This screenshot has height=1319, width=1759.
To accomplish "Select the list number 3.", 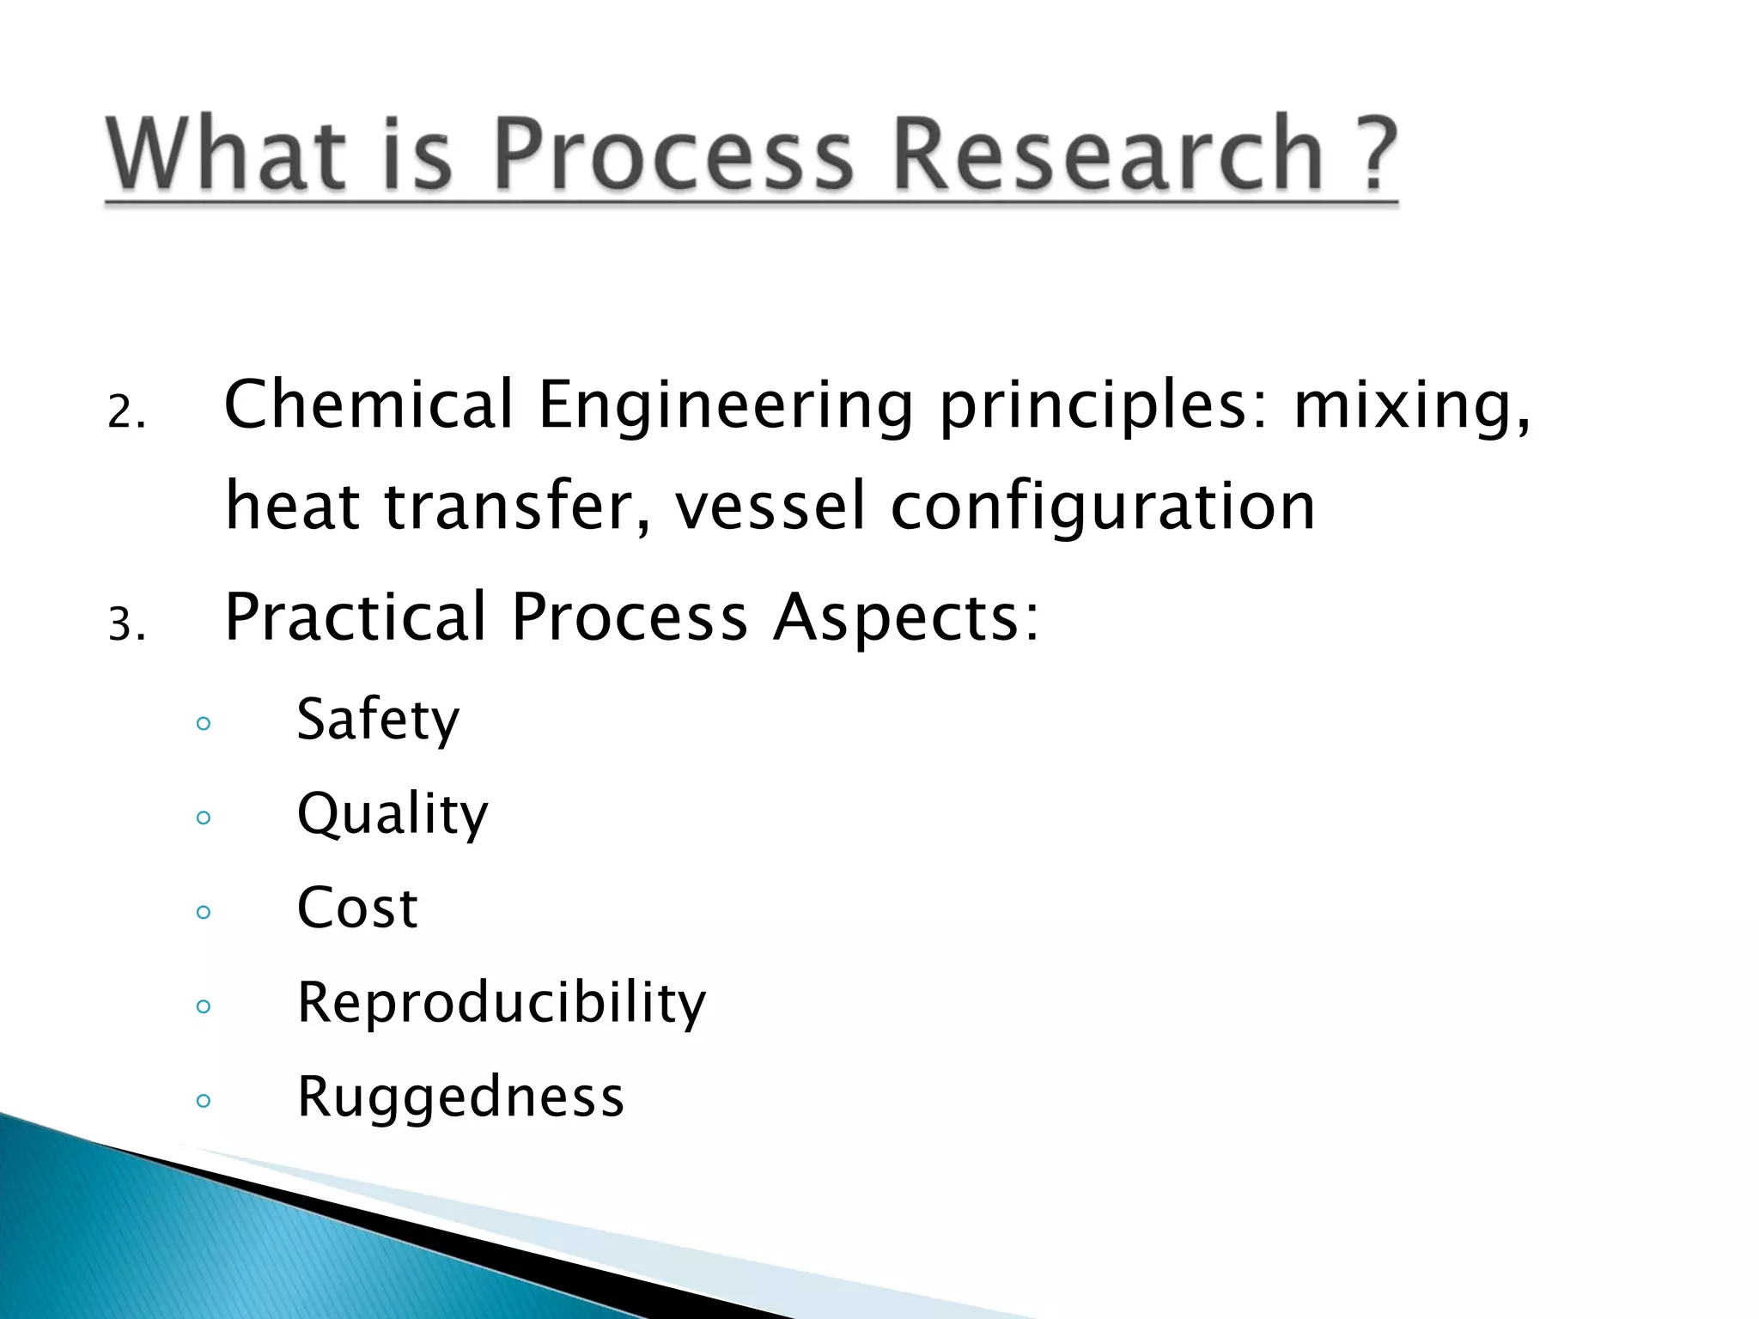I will [125, 625].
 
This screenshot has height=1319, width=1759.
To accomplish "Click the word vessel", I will [770, 506].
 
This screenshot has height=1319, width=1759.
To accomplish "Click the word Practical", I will [356, 617].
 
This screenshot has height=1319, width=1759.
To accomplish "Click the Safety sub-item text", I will [378, 720].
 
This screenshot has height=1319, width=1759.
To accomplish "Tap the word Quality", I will [393, 814].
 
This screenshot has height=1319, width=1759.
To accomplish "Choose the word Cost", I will [357, 908].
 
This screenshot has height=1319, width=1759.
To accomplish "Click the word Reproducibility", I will [502, 1003].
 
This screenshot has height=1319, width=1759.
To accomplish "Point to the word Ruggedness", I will [460, 1097].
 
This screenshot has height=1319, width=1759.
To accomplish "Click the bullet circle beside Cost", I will [204, 912].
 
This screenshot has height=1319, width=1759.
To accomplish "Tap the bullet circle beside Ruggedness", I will [204, 1101].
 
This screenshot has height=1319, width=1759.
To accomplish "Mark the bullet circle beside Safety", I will [204, 723].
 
